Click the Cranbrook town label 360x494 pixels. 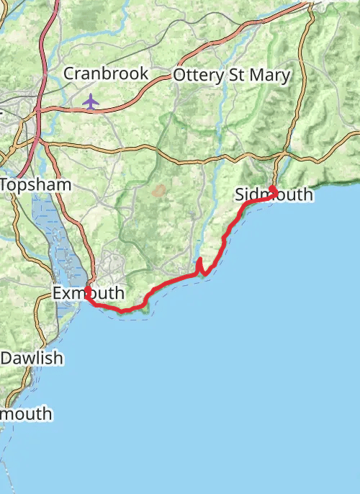click(x=106, y=73)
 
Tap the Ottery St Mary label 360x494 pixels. click(x=231, y=75)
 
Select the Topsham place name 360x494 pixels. click(x=36, y=185)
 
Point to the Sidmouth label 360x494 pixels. click(x=274, y=195)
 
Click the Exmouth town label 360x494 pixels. click(x=88, y=294)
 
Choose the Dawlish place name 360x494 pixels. click(x=32, y=358)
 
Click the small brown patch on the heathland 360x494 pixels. click(x=158, y=191)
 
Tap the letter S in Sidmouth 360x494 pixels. click(x=240, y=195)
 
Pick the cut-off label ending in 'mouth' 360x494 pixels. click(x=26, y=414)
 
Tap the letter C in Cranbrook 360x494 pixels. click(x=69, y=73)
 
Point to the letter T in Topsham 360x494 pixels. click(x=5, y=185)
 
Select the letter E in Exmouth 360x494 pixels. click(x=57, y=294)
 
